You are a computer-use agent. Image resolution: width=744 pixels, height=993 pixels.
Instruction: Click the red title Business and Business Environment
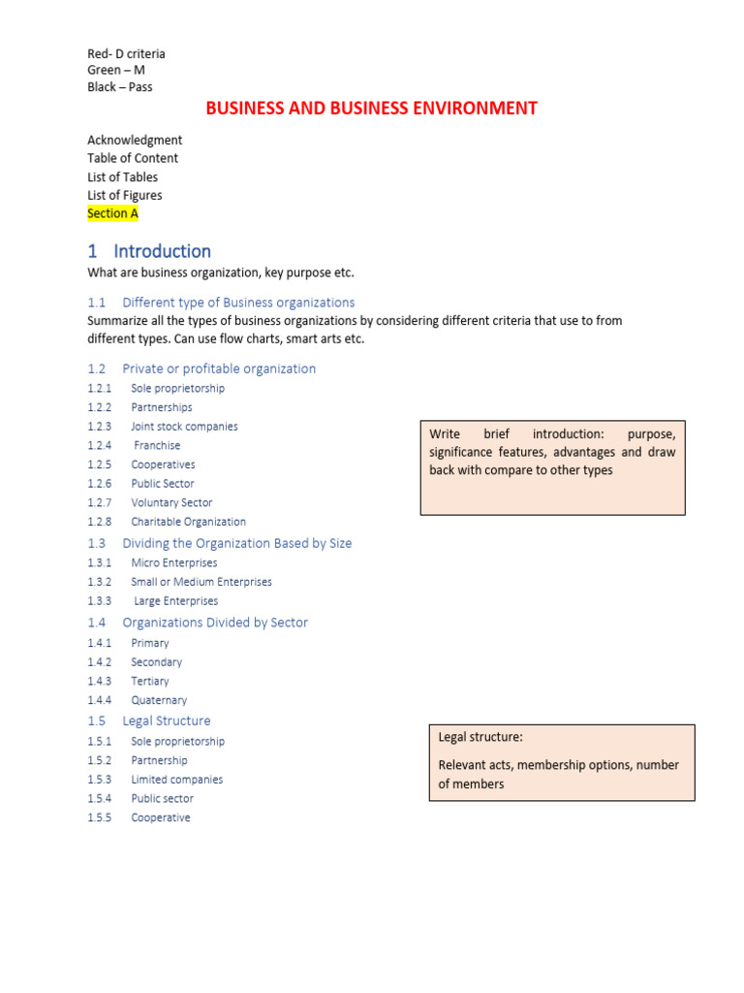[371, 109]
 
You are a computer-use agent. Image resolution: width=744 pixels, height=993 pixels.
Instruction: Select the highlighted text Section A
[112, 213]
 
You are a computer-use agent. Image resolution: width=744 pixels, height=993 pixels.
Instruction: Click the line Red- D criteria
[126, 53]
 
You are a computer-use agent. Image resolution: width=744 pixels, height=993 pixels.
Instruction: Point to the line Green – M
[116, 70]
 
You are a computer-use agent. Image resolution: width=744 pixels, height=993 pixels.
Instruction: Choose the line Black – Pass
[120, 86]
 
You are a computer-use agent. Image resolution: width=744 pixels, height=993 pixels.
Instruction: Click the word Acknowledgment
[135, 140]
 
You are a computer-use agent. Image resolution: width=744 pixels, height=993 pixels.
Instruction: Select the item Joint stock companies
[184, 427]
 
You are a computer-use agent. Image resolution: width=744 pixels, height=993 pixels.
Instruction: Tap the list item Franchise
[157, 446]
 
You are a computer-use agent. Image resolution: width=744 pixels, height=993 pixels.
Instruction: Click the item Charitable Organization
[189, 522]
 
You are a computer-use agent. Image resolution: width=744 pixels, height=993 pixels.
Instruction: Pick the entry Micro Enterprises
[174, 562]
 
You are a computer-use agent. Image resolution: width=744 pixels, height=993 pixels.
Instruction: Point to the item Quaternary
[159, 700]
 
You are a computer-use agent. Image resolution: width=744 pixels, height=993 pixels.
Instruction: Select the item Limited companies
[177, 780]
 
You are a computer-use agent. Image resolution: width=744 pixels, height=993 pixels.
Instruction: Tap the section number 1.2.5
[100, 464]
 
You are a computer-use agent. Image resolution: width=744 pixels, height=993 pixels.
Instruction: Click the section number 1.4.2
[100, 662]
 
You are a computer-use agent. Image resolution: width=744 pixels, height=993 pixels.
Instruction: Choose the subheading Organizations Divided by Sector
[215, 623]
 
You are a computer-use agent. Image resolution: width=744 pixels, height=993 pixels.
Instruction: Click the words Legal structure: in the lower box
[480, 737]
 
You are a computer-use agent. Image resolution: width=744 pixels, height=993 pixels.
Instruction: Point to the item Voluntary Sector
[171, 502]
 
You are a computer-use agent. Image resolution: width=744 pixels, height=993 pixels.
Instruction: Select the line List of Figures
[125, 195]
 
